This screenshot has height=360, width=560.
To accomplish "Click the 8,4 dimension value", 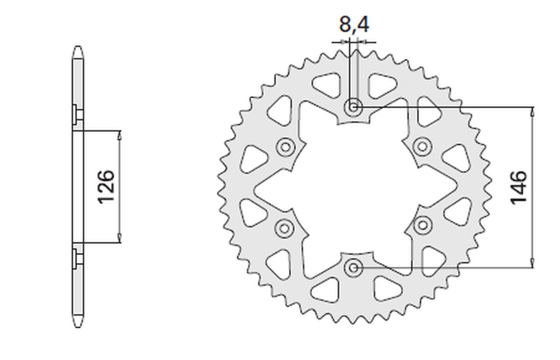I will coord(354,24).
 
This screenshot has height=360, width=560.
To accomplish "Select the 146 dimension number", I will coord(518,187).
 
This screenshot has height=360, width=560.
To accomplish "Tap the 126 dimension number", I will coord(106,187).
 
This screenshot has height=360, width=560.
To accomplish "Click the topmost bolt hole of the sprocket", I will coord(353,107).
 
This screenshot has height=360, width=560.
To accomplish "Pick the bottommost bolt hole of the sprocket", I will coord(353,268).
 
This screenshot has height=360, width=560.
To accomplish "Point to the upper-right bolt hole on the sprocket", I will coord(422,146).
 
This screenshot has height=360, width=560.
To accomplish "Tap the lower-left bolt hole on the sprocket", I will coord(284,228).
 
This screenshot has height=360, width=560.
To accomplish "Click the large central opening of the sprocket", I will coord(353,187).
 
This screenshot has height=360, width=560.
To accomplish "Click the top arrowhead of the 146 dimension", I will coord(532,111).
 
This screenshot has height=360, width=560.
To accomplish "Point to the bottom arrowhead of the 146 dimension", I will coord(532,264).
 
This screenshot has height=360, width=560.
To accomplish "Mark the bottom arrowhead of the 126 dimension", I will coord(120,239).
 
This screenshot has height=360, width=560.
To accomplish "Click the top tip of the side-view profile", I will coord(78,48).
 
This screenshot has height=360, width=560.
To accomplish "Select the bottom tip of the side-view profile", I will coord(78,326).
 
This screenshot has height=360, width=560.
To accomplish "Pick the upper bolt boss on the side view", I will coord(78,114).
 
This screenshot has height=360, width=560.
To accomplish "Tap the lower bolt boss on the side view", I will coord(78,259).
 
